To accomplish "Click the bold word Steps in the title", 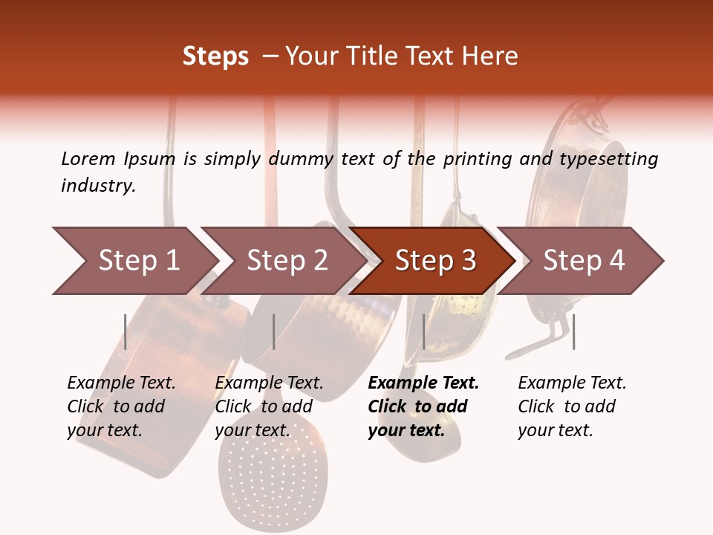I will (x=215, y=56).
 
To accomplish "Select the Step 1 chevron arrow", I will (x=134, y=261).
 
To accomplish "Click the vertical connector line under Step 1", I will (x=126, y=331).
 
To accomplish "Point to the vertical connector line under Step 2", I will (x=274, y=331).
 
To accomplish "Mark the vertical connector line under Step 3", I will (x=424, y=331).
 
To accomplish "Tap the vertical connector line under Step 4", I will (x=573, y=331).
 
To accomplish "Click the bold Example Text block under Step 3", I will (x=423, y=406).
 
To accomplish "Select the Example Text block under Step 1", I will (x=121, y=406).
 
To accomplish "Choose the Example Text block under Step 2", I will (x=269, y=406).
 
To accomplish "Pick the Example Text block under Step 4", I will (x=571, y=406).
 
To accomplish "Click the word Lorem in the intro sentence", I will (x=88, y=159).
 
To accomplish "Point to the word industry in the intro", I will (x=98, y=186).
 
